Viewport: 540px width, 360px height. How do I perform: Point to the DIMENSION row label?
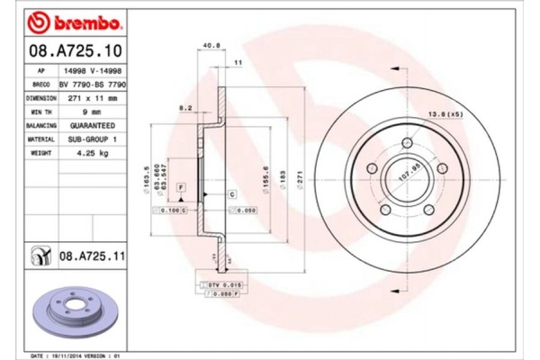41,96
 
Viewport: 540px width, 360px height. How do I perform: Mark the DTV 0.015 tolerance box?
212,285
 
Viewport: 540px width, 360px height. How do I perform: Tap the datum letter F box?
181,185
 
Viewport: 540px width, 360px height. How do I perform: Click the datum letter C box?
231,194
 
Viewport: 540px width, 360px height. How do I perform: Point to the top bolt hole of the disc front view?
406,143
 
